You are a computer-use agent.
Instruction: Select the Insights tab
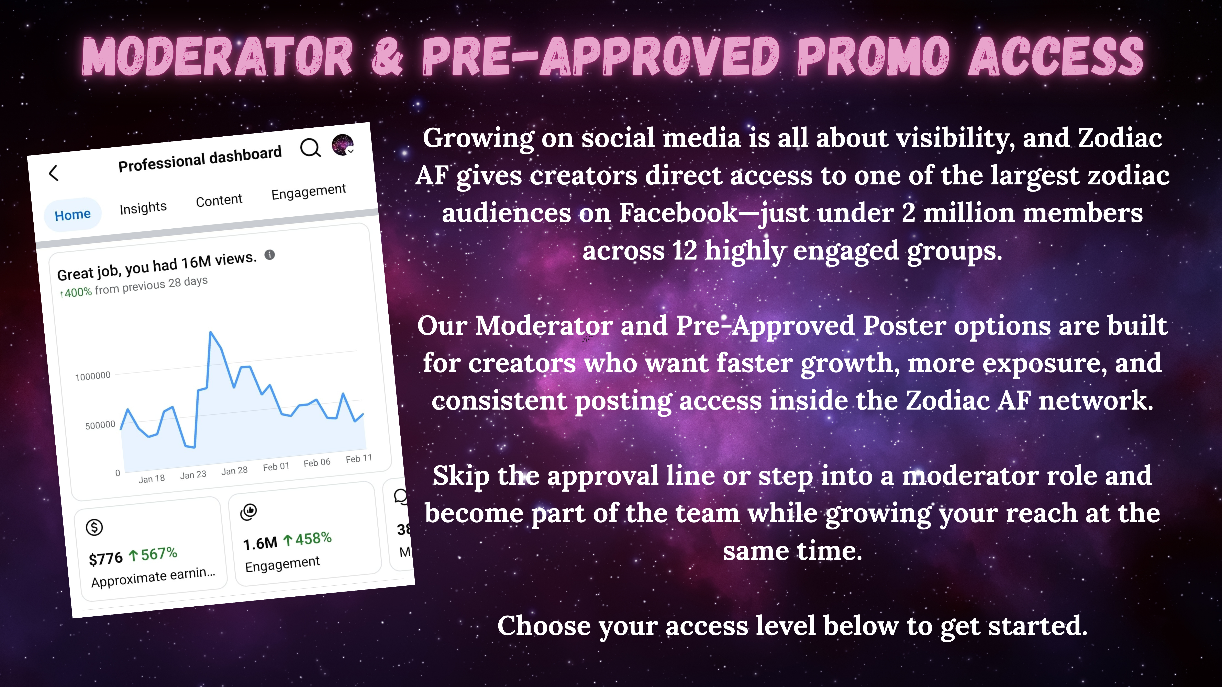tap(143, 208)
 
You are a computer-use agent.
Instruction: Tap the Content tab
tap(219, 200)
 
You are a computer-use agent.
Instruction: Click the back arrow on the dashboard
tap(54, 173)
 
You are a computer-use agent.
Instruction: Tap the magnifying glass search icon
tap(311, 147)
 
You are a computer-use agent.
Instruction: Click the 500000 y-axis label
tap(100, 425)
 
